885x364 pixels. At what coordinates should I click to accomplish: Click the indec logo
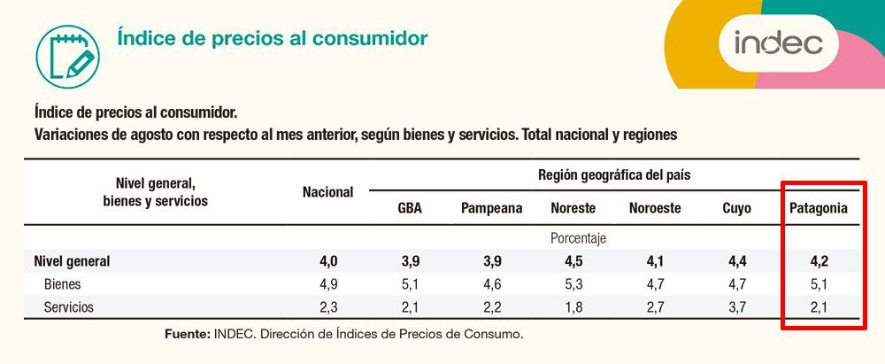point(778,43)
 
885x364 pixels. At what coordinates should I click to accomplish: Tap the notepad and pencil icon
point(67,57)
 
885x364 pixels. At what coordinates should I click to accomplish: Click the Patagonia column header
point(818,208)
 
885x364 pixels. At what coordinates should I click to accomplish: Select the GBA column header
point(410,208)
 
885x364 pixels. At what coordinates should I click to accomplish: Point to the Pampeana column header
point(491,208)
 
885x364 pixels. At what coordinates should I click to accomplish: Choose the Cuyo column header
point(736,208)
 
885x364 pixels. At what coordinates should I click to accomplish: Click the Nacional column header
point(328,192)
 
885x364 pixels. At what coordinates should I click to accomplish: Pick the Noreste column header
point(573,208)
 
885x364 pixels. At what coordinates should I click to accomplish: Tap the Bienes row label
point(62,284)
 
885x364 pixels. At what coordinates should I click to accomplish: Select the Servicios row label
point(69,307)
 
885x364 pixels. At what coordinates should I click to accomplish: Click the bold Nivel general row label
point(73,261)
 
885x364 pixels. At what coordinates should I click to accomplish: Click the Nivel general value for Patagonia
point(818,261)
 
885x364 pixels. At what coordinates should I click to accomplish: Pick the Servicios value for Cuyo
point(736,307)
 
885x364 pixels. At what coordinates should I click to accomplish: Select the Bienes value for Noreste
point(573,284)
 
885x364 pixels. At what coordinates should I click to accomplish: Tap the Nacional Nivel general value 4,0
point(328,261)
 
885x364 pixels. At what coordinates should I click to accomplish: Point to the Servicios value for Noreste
point(573,307)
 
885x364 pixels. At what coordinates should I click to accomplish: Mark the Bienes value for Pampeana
point(491,284)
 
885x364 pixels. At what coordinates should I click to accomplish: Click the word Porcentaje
point(579,238)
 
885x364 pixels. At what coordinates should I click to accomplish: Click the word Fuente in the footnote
point(188,334)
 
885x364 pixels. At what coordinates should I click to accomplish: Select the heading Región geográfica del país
point(614,174)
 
